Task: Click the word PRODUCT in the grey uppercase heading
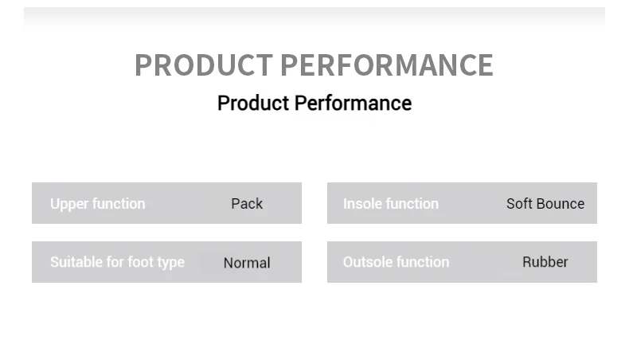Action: click(x=204, y=65)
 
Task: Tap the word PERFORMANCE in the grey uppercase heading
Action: click(x=387, y=65)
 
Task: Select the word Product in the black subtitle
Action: click(x=253, y=104)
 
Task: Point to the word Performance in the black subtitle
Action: click(x=353, y=104)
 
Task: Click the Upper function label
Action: click(x=97, y=204)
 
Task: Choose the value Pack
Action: click(x=247, y=204)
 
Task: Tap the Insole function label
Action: click(x=391, y=204)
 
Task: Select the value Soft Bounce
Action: click(x=545, y=204)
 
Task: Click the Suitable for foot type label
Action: click(x=117, y=263)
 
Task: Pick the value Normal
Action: click(x=247, y=263)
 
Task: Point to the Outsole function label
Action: click(x=396, y=262)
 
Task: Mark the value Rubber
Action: click(x=545, y=262)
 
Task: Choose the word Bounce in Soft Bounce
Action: click(x=560, y=204)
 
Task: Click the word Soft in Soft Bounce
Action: click(x=519, y=204)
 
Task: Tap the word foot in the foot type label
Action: click(x=143, y=262)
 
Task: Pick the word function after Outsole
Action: click(x=421, y=262)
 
